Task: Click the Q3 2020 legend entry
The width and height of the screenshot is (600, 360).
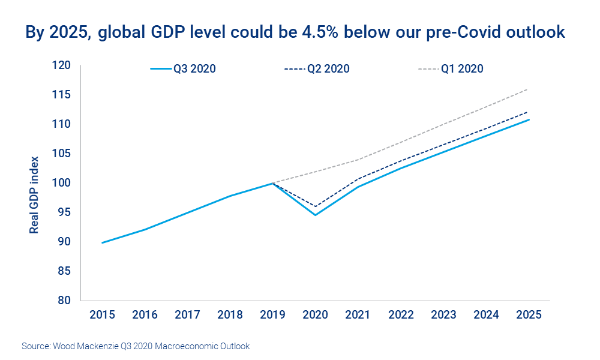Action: coord(183,69)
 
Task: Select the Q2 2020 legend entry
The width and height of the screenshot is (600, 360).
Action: coord(317,69)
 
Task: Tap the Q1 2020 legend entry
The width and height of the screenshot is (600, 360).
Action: coord(451,69)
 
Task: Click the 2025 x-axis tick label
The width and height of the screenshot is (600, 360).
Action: coord(527,316)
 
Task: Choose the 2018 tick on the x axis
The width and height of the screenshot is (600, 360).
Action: coord(230,316)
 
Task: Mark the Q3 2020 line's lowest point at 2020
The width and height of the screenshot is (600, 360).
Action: coord(315,215)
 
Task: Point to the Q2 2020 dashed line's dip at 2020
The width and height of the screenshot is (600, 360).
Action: coord(315,206)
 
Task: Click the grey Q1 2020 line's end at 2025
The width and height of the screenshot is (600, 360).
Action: coord(527,89)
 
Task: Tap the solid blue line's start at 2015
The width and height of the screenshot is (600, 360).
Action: coord(103,242)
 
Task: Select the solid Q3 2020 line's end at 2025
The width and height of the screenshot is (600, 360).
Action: coord(528,119)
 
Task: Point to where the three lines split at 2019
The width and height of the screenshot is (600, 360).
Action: coord(272,183)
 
